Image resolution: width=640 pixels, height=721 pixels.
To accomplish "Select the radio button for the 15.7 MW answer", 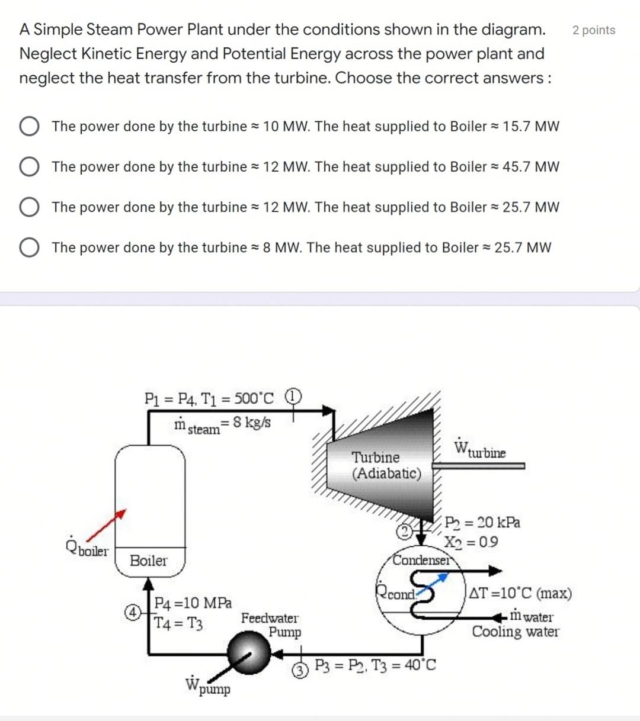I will tap(29, 126).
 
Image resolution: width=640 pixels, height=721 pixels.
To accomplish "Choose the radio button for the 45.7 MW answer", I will tap(29, 167).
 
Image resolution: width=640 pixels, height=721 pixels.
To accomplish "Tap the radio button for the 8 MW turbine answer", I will tap(29, 247).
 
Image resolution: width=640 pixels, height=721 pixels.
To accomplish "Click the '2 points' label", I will tap(593, 30).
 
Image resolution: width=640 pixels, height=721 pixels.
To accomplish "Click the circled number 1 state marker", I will tap(294, 396).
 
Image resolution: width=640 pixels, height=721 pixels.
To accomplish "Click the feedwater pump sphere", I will tap(249, 653).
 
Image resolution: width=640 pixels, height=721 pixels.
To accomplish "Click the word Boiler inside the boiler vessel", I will tap(148, 561).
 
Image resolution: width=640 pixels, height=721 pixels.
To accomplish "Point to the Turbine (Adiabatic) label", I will tap(386, 465).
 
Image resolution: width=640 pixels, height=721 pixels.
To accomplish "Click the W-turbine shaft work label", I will tap(480, 449).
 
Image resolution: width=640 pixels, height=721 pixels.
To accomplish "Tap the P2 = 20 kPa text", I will tap(482, 523).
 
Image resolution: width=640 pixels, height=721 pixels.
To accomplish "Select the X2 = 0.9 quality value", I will tap(472, 542).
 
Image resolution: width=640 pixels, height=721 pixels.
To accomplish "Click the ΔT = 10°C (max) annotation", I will tap(520, 593).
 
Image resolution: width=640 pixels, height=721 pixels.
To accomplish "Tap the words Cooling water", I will tap(515, 632).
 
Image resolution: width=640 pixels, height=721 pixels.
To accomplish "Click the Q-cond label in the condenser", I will tap(396, 593).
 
